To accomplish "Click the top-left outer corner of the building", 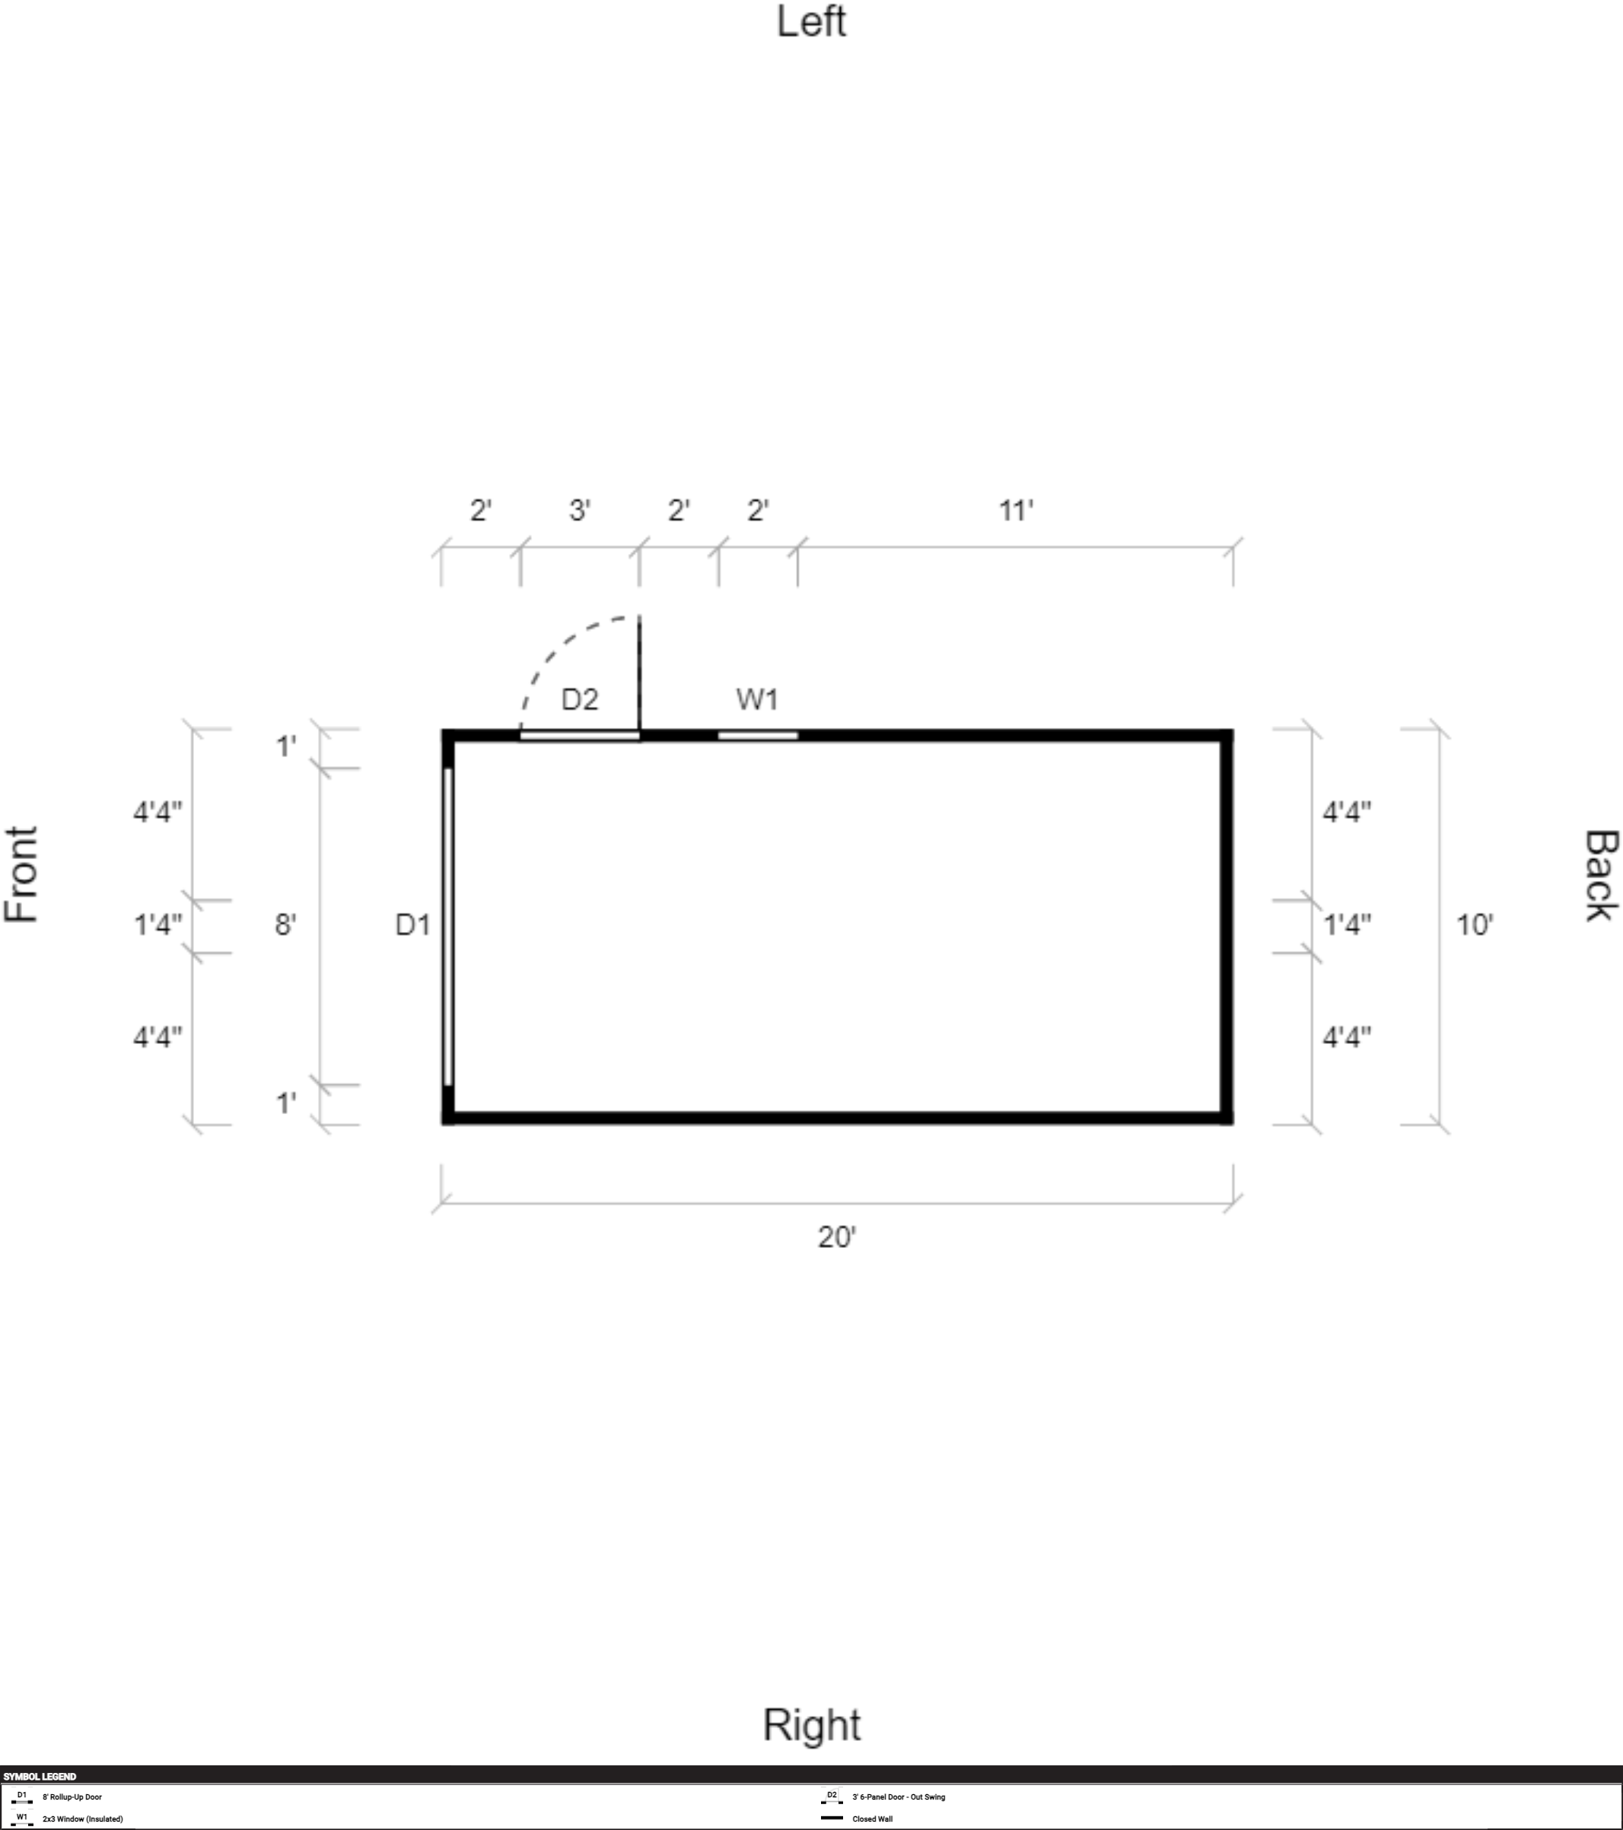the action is click(442, 730).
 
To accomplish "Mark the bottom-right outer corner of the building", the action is click(1233, 1124).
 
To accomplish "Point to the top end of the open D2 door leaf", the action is click(639, 616).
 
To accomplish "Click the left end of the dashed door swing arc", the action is click(521, 730).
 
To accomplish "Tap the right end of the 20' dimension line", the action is click(1233, 1203).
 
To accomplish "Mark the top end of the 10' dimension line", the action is click(1440, 729).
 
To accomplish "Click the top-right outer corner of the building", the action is click(1233, 730).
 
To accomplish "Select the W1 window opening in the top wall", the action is click(758, 736).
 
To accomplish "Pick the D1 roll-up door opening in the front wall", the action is click(447, 927).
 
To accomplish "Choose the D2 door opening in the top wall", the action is click(580, 736).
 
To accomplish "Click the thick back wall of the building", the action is click(1227, 927).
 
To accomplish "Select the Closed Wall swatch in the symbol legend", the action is click(832, 1818).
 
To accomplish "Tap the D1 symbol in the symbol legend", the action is click(22, 1796).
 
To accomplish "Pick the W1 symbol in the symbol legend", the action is click(22, 1819).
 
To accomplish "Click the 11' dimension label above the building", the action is click(1016, 511).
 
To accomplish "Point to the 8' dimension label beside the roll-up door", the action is click(285, 924).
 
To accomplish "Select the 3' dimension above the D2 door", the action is click(580, 511).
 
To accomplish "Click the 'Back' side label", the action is click(1602, 876).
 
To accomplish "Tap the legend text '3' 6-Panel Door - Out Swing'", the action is click(899, 1796).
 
